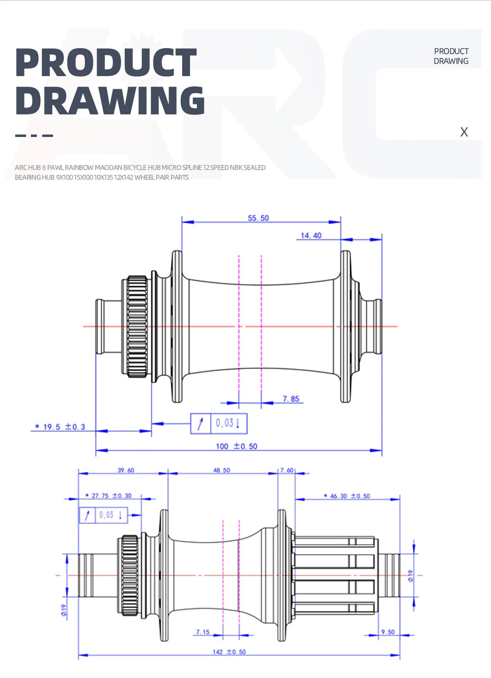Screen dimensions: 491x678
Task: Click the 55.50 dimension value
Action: point(258,218)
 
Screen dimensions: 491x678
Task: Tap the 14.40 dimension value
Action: point(311,236)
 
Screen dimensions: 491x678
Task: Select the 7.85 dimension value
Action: point(291,399)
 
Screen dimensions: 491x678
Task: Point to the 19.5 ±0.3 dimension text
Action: point(60,427)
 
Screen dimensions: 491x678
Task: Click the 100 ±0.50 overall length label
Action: point(237,446)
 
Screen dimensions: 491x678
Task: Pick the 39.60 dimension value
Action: point(126,470)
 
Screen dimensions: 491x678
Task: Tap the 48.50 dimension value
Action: point(221,470)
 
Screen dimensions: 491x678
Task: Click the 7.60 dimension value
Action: point(287,470)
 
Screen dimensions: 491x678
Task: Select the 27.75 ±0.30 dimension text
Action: point(109,495)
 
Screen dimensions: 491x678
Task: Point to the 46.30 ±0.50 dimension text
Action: point(347,496)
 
